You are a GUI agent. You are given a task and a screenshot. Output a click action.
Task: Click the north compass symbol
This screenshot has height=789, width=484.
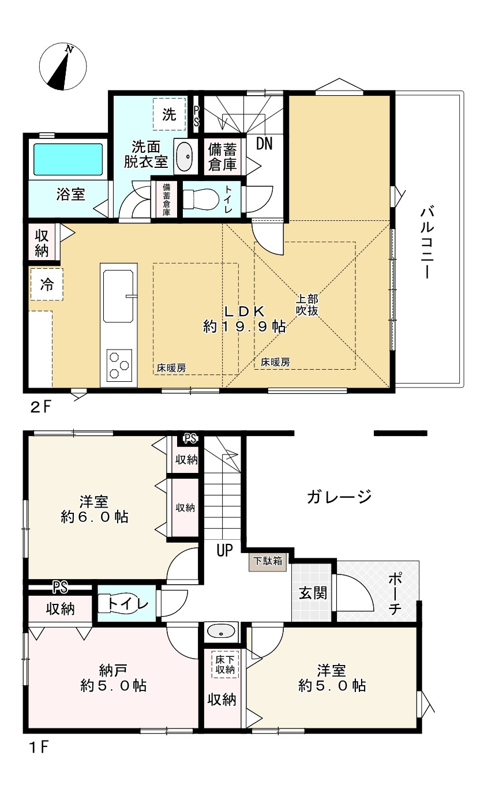pyautogui.click(x=63, y=66)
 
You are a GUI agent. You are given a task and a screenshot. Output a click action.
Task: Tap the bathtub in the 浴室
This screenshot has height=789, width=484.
pyautogui.click(x=67, y=159)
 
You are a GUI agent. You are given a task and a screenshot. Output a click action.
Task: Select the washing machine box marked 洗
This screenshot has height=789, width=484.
pyautogui.click(x=169, y=114)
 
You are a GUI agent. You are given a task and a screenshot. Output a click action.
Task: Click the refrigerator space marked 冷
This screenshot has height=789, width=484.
pyautogui.click(x=47, y=284)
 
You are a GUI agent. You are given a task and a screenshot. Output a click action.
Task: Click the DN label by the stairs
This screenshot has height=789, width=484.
pyautogui.click(x=264, y=144)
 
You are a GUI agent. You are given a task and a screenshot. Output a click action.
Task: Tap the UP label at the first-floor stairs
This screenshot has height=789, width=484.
pyautogui.click(x=224, y=550)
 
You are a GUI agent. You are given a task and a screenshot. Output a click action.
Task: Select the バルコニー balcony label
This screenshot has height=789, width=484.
pyautogui.click(x=427, y=243)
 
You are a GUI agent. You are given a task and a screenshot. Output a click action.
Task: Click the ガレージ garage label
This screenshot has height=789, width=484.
pyautogui.click(x=339, y=497)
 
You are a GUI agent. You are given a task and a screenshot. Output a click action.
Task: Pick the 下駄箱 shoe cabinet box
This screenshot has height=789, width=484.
pyautogui.click(x=268, y=561)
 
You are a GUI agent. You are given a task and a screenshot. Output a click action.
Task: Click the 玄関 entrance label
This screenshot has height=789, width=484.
pyautogui.click(x=313, y=593)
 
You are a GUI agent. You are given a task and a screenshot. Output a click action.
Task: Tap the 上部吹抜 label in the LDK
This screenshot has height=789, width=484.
pyautogui.click(x=307, y=305)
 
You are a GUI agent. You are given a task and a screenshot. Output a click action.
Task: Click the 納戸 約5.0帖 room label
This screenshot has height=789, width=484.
pyautogui.click(x=113, y=678)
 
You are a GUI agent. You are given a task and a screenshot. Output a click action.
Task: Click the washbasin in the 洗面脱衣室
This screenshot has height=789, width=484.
pyautogui.click(x=183, y=155)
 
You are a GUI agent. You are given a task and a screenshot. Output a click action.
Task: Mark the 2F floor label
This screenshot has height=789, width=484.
pyautogui.click(x=41, y=407)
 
